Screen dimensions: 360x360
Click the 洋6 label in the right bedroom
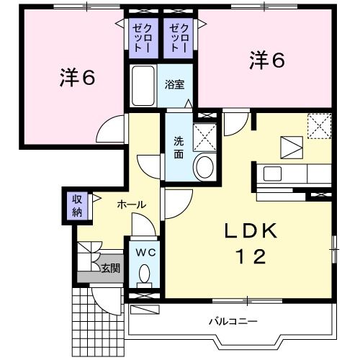pyautogui.click(x=267, y=60)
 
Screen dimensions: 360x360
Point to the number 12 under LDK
pyautogui.click(x=249, y=256)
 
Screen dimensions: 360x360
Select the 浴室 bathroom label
pyautogui.click(x=175, y=84)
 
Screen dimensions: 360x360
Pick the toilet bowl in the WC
pyautogui.click(x=145, y=274)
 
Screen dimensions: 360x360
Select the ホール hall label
pyautogui.click(x=132, y=204)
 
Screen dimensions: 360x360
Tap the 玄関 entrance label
pyautogui.click(x=110, y=268)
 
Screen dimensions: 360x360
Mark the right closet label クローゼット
pyautogui.click(x=178, y=37)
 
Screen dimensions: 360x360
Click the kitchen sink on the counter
pyautogui.click(x=274, y=174)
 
